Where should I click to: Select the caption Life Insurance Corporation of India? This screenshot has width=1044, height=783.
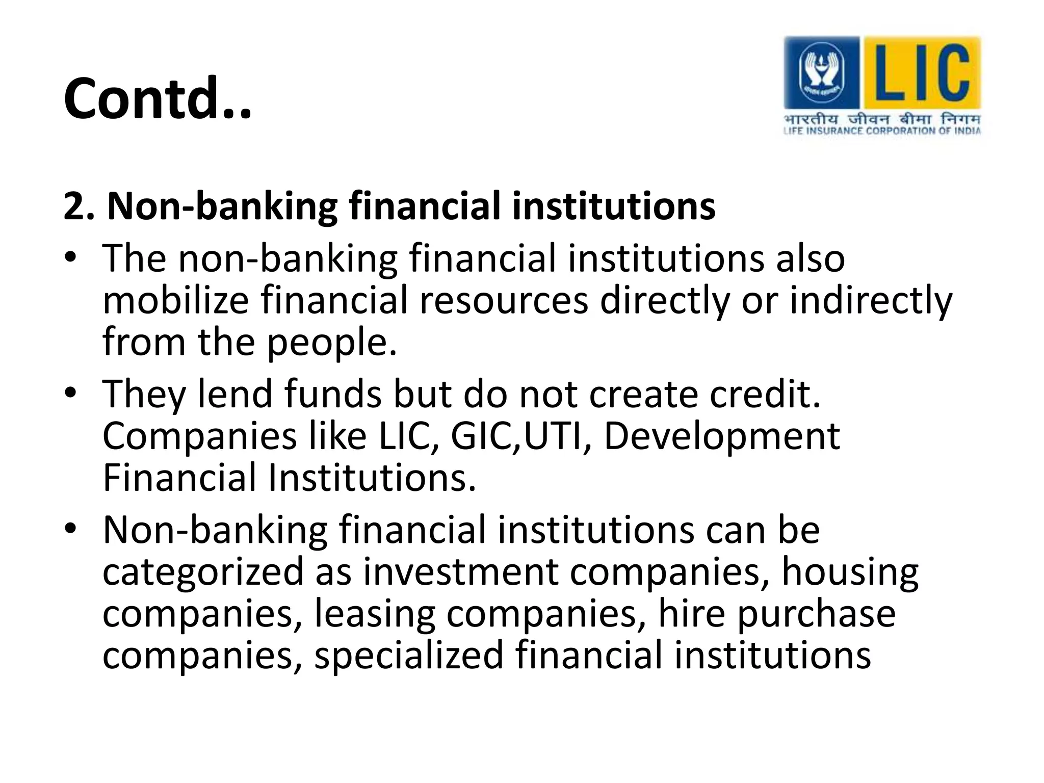click(882, 131)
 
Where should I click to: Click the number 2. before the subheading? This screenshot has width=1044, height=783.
click(79, 206)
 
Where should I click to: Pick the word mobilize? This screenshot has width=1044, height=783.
click(175, 300)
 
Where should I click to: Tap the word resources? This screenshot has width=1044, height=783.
click(504, 300)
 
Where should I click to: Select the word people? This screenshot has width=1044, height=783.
click(331, 343)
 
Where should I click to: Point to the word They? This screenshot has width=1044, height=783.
click(144, 395)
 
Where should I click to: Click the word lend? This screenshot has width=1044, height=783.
click(235, 394)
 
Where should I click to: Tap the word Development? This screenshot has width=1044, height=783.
click(722, 437)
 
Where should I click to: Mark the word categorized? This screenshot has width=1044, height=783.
click(203, 572)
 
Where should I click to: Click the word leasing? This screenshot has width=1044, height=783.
click(375, 614)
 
